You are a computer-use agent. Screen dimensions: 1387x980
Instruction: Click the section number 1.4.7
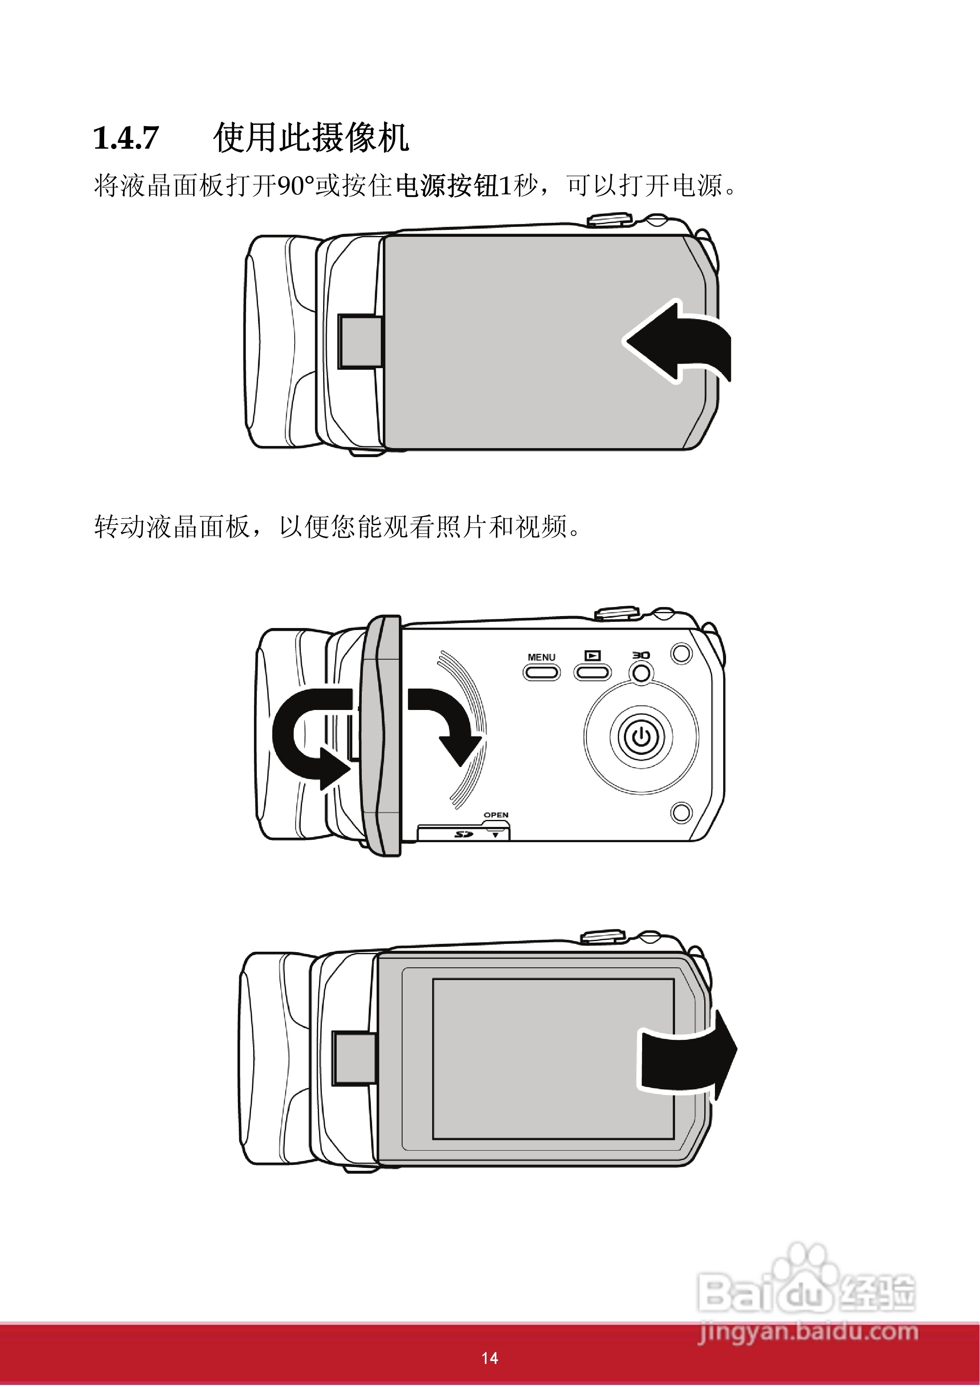pos(126,138)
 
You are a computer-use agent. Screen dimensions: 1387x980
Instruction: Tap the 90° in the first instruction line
pos(296,185)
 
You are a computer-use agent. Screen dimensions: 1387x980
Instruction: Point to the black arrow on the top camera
pos(679,341)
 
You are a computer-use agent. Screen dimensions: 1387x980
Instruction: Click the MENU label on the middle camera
pos(541,657)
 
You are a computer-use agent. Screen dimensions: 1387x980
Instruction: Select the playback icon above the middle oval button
pos(592,655)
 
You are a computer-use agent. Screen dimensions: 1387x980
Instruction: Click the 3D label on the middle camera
pos(641,655)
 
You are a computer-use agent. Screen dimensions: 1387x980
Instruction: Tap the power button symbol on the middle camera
pos(641,737)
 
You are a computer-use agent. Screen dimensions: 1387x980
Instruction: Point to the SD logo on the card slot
pos(463,834)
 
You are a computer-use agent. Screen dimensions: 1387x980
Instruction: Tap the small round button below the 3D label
pos(642,672)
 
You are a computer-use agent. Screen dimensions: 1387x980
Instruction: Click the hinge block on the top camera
pos(359,341)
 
